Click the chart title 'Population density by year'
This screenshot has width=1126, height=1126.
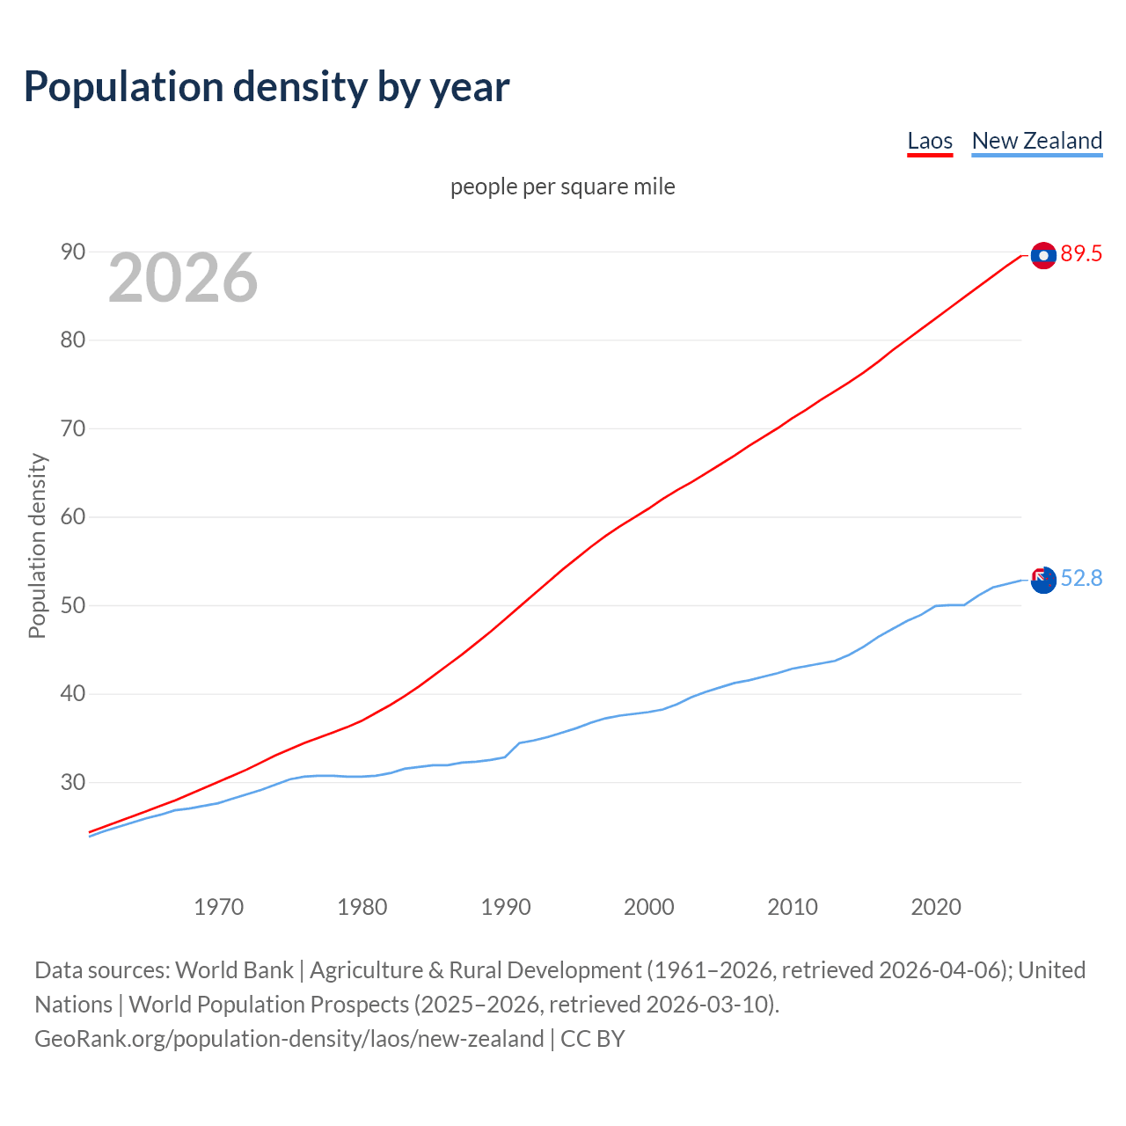pos(267,86)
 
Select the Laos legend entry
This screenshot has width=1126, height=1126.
pos(930,141)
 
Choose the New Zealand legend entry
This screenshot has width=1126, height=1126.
pos(1036,141)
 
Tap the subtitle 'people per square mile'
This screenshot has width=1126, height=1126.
pos(562,186)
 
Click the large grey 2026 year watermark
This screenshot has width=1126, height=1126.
pos(183,278)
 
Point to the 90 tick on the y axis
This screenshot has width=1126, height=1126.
pos(73,252)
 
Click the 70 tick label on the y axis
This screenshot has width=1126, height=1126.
pos(73,429)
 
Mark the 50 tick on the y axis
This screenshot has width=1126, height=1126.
pos(73,606)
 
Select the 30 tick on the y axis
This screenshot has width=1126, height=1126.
pos(73,782)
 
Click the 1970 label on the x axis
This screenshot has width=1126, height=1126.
pos(218,907)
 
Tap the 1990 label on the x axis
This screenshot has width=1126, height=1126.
pos(506,907)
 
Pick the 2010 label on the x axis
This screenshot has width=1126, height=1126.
pos(793,907)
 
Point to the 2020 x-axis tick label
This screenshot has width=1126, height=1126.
pos(936,907)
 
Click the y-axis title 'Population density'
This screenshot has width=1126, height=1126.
pos(37,545)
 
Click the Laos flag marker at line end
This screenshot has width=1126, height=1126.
pos(1043,255)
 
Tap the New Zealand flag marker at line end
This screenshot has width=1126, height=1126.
pos(1043,580)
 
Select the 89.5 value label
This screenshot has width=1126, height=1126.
pos(1081,254)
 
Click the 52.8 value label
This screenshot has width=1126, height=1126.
pos(1081,578)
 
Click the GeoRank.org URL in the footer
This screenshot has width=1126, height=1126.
pos(289,1038)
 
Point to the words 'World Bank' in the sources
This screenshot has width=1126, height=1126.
pos(234,969)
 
